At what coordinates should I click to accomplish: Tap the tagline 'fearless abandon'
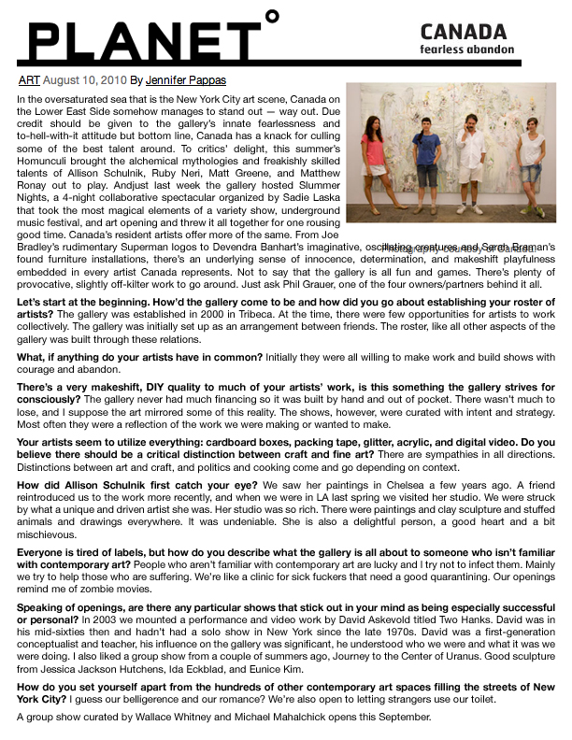(x=466, y=49)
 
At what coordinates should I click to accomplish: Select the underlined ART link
(x=29, y=80)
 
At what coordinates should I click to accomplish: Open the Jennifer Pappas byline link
(x=185, y=80)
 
